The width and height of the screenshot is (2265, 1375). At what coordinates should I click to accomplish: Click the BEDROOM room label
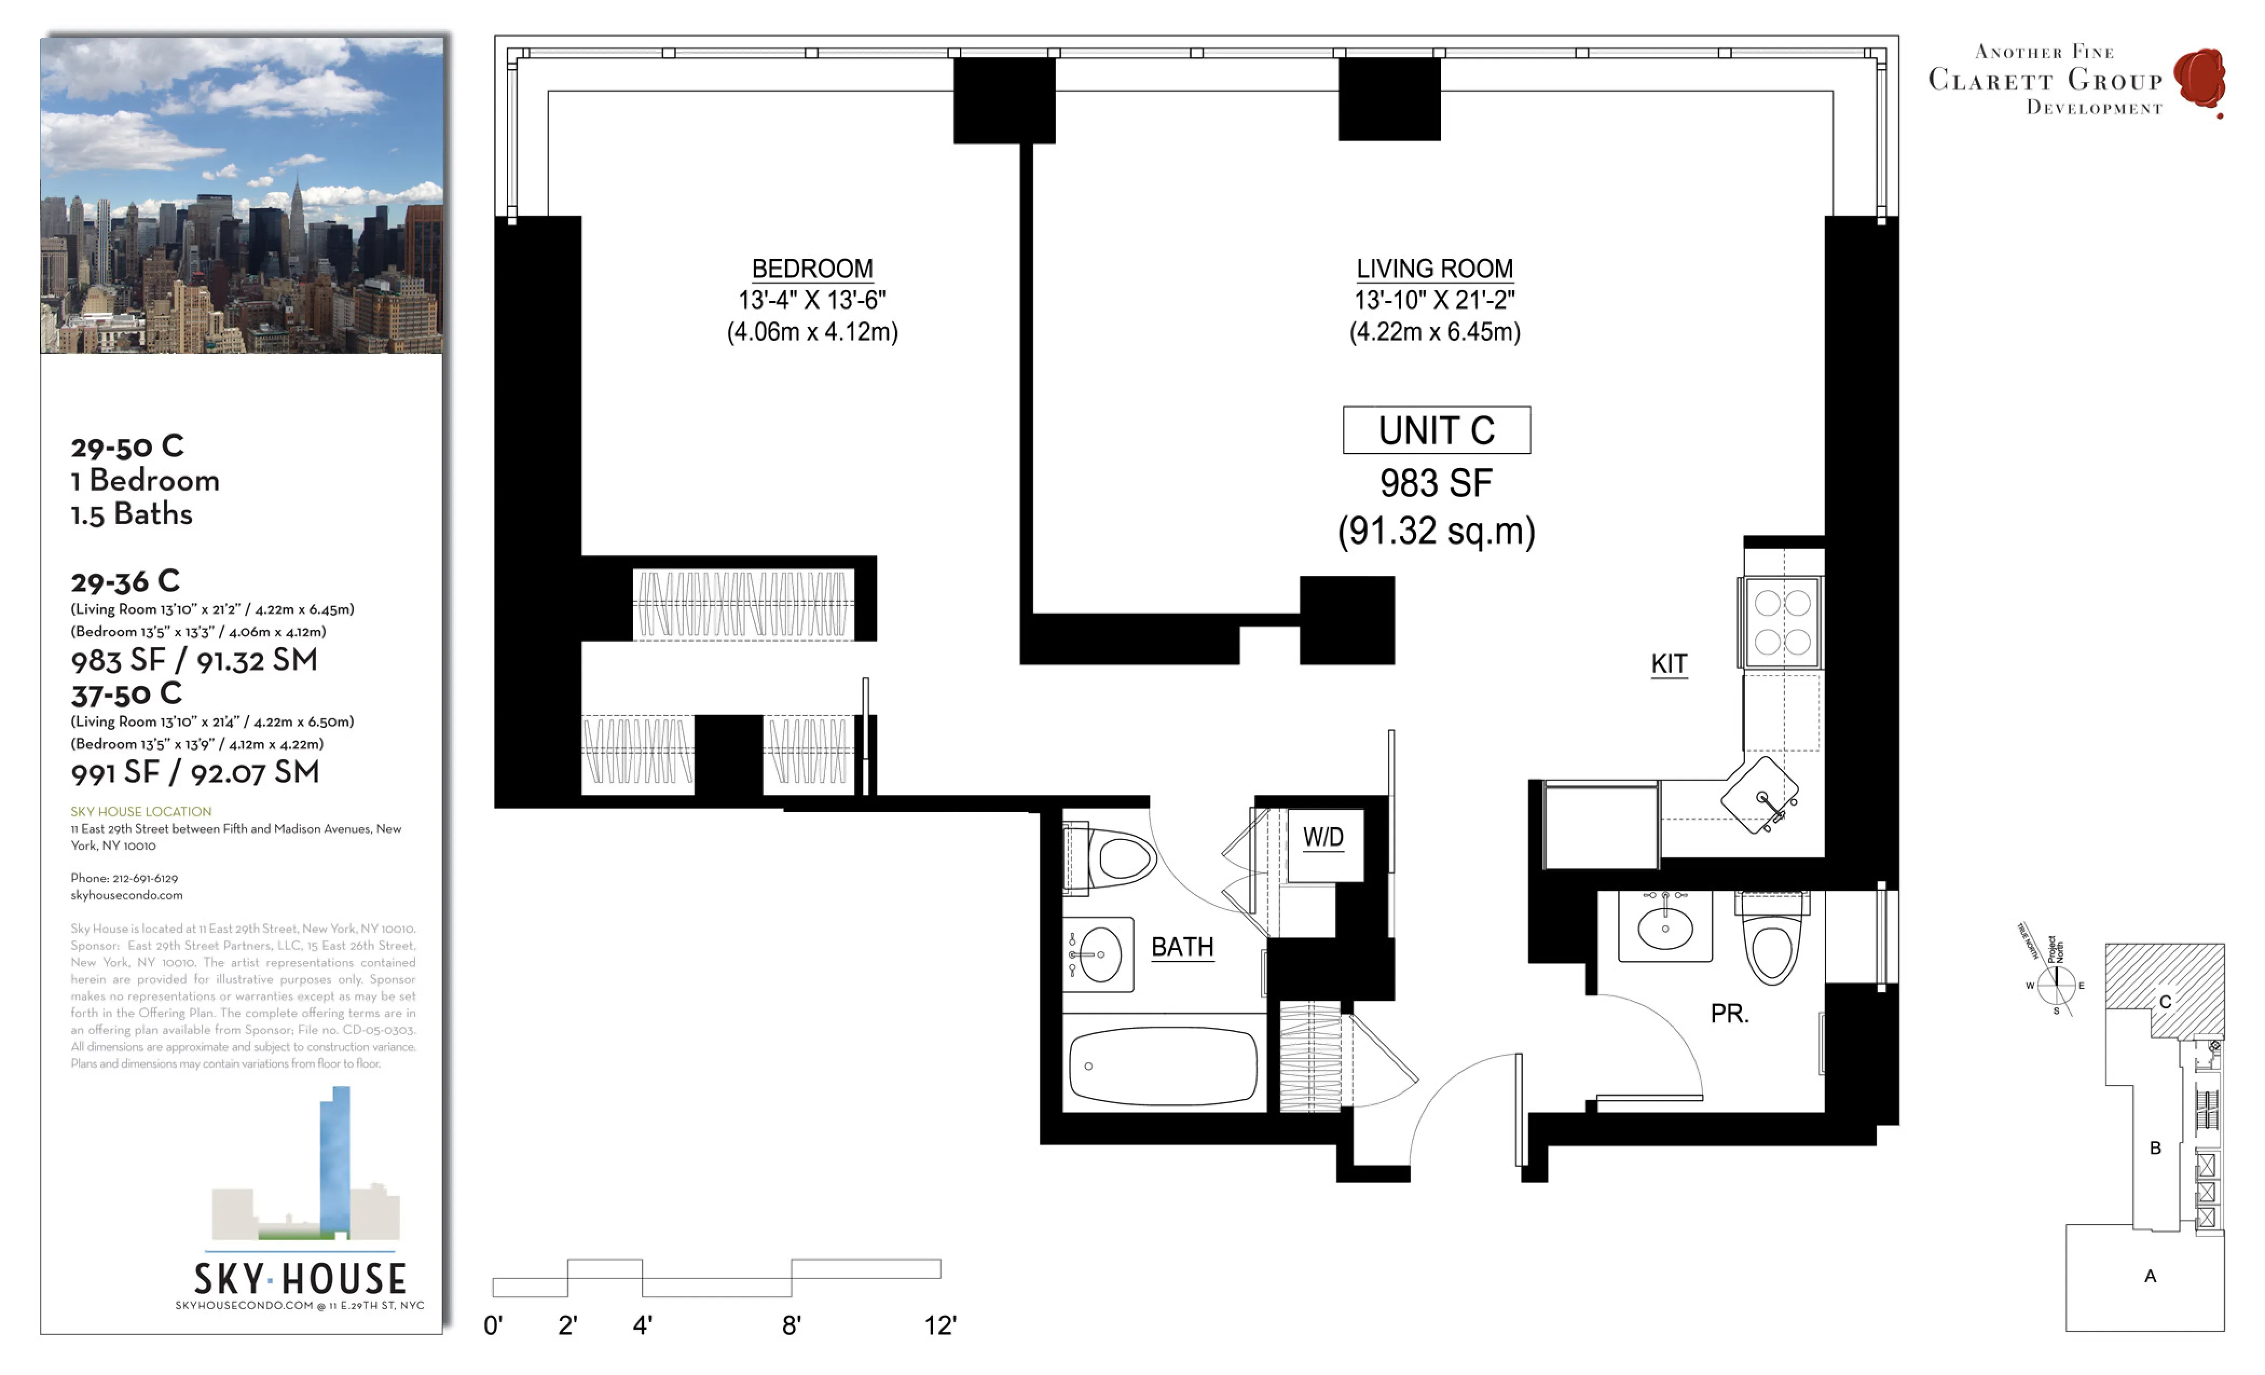click(x=812, y=269)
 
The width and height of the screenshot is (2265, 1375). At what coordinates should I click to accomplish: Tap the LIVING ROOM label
click(x=1434, y=269)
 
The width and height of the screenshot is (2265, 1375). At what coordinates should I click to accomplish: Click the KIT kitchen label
click(x=1669, y=664)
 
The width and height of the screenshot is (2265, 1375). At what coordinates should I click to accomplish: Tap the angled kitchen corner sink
click(x=1760, y=795)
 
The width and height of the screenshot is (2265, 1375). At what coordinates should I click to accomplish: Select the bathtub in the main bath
click(x=1163, y=1065)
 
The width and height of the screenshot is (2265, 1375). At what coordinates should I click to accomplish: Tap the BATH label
click(x=1182, y=947)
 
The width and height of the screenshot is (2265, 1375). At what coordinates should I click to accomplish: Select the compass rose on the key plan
click(x=2056, y=985)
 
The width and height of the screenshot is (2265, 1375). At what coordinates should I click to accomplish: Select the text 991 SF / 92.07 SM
click(x=195, y=772)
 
